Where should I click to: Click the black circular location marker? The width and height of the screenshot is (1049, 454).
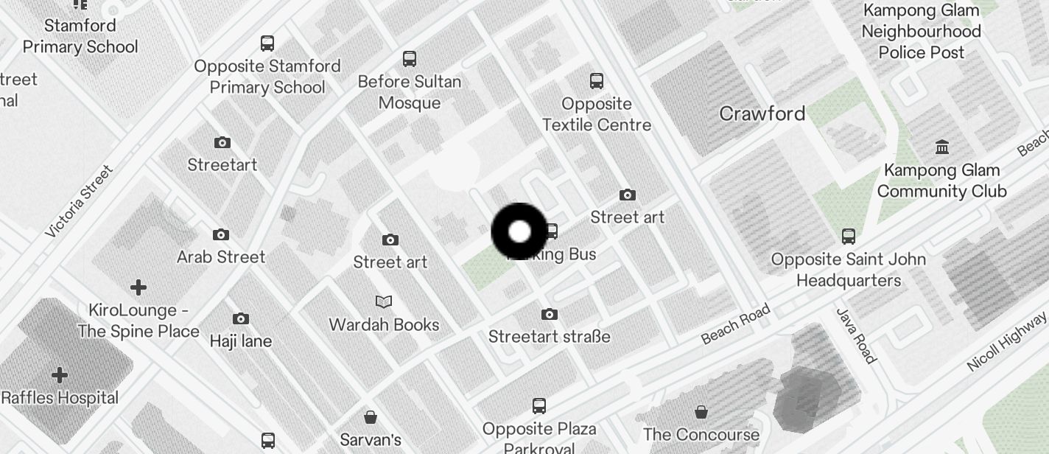coord(519,231)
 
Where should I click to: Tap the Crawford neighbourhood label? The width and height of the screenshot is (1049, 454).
coord(762,114)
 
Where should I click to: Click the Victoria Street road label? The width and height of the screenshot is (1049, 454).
coord(79,201)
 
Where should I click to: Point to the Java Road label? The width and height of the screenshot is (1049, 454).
coord(857,335)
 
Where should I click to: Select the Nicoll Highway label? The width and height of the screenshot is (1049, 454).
coord(1006,340)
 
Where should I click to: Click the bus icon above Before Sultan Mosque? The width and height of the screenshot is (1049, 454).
coord(410,59)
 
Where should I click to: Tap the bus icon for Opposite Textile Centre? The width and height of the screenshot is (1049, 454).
coord(597,80)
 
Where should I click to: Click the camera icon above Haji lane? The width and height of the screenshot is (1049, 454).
coord(240,319)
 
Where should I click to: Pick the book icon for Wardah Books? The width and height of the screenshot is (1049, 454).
coord(384,301)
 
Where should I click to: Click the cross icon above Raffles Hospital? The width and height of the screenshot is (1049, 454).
coord(60,376)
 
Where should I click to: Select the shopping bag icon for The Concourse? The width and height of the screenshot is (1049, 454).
coord(701,411)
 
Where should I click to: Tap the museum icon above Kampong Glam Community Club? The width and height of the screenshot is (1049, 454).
coord(942,147)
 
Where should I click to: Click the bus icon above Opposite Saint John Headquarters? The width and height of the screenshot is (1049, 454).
coord(849,237)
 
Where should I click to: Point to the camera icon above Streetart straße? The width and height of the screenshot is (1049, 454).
coord(549,315)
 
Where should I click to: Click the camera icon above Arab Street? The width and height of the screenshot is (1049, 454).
coord(220,235)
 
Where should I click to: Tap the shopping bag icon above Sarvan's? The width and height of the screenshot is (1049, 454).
coord(371,418)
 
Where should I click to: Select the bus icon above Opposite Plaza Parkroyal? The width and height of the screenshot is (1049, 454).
coord(539,406)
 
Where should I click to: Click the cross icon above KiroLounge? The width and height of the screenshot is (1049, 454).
coord(138,287)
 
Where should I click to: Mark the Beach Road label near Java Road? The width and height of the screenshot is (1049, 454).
coord(735,324)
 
